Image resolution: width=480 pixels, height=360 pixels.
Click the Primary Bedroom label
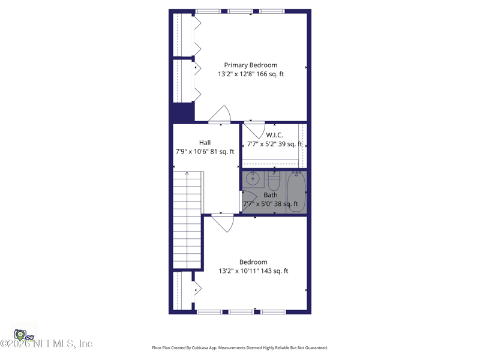click(x=250, y=65)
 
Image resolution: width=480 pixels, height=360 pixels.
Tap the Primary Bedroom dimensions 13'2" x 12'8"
click(x=238, y=74)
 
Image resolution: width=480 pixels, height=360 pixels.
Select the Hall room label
click(x=205, y=143)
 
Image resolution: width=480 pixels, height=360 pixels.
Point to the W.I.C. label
click(x=274, y=135)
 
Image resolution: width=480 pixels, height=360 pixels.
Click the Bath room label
click(x=271, y=195)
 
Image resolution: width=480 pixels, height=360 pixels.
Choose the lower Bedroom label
click(x=253, y=262)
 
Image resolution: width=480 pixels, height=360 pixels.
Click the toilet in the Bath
click(x=274, y=180)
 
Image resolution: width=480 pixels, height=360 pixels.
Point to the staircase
click(x=187, y=219)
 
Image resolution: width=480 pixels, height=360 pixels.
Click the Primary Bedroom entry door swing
click(x=221, y=115)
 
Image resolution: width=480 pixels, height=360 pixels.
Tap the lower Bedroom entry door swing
click(x=223, y=222)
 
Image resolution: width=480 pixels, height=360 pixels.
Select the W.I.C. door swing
click(x=255, y=130)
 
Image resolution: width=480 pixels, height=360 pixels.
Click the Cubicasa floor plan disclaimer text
click(x=239, y=348)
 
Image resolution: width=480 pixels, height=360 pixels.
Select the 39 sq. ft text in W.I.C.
click(x=291, y=144)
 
